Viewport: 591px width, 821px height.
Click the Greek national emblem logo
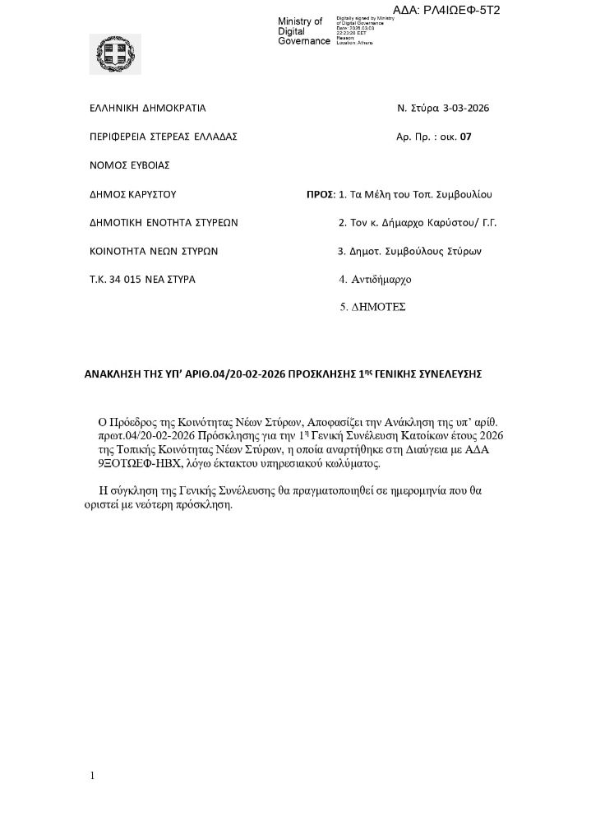(x=114, y=54)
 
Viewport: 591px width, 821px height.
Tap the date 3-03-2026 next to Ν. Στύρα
(x=466, y=108)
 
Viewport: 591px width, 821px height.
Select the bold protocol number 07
(x=466, y=137)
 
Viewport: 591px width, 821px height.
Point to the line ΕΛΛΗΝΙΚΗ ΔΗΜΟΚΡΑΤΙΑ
(x=148, y=108)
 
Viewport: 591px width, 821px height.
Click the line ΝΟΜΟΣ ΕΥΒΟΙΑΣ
(x=130, y=165)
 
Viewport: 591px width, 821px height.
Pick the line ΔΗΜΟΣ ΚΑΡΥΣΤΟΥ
(x=133, y=195)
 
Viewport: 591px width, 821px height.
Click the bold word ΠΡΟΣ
(x=319, y=195)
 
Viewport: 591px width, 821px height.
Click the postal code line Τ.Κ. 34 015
(x=142, y=279)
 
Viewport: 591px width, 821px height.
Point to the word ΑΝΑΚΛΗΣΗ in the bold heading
(x=113, y=373)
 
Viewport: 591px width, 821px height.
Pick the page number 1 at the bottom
(x=93, y=776)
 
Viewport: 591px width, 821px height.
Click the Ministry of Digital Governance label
(x=303, y=31)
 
